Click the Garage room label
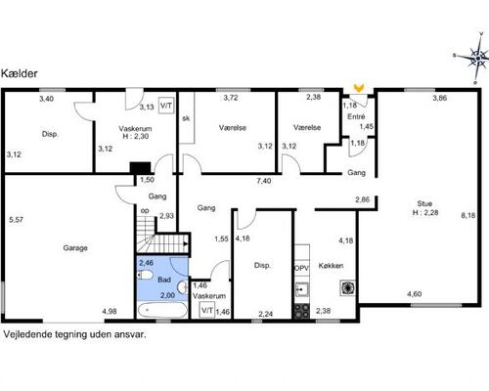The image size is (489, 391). click(75, 248)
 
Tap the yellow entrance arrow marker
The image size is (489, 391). click(359, 87)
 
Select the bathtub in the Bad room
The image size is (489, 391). click(162, 310)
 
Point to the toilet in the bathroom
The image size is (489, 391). click(145, 276)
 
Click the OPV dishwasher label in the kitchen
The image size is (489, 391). click(301, 269)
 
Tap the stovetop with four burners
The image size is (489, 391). click(302, 311)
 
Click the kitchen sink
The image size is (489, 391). click(302, 289)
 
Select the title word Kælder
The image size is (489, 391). click(20, 73)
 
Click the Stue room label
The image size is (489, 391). click(424, 203)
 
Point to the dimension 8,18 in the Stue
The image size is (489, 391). click(467, 215)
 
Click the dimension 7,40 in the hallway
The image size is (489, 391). click(264, 181)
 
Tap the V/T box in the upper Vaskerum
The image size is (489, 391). click(166, 106)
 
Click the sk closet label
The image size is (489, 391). click(186, 118)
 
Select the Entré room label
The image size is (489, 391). click(356, 116)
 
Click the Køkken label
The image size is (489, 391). click(331, 266)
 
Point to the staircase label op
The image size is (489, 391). click(145, 211)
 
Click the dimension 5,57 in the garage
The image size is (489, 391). click(16, 220)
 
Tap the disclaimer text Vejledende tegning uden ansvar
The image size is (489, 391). click(74, 334)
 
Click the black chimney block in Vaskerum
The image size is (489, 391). click(140, 168)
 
